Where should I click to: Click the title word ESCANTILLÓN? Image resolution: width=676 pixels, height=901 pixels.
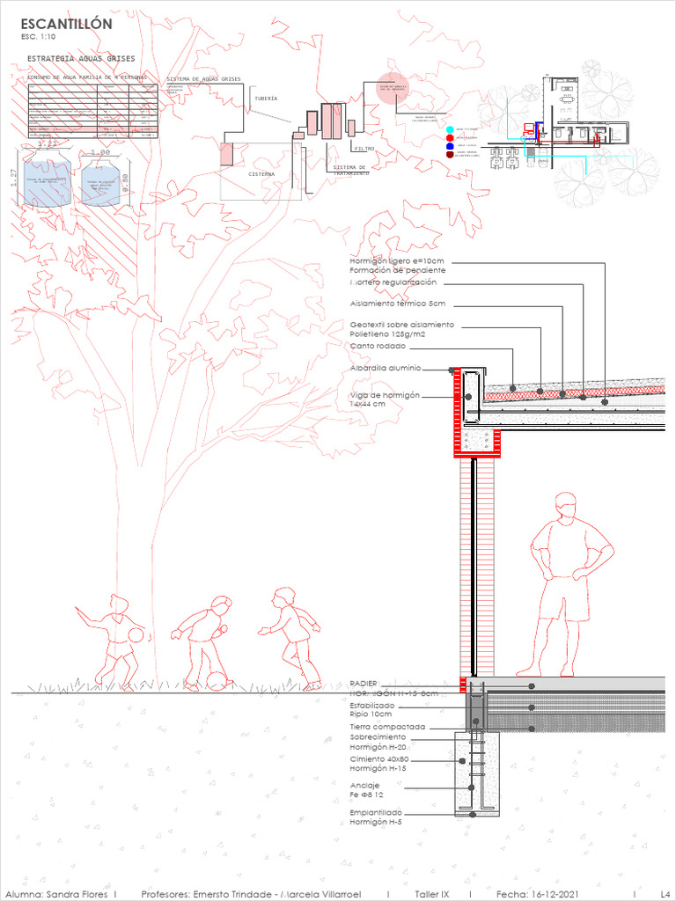click(66, 25)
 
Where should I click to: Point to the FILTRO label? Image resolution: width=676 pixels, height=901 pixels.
click(364, 149)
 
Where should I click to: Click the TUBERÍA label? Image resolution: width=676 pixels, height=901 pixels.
click(266, 99)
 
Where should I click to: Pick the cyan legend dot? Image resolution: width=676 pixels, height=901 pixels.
click(450, 130)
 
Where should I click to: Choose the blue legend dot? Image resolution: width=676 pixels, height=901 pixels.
click(450, 146)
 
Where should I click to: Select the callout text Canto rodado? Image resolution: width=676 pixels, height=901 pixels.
click(378, 346)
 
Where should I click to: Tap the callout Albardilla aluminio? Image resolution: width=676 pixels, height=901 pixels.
click(386, 368)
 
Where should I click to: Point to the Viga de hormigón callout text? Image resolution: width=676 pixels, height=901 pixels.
click(385, 396)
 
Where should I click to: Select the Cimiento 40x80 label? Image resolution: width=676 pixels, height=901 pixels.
click(378, 758)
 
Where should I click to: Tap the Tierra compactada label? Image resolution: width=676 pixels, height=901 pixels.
click(387, 727)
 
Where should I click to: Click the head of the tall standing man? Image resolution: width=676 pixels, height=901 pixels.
click(565, 505)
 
